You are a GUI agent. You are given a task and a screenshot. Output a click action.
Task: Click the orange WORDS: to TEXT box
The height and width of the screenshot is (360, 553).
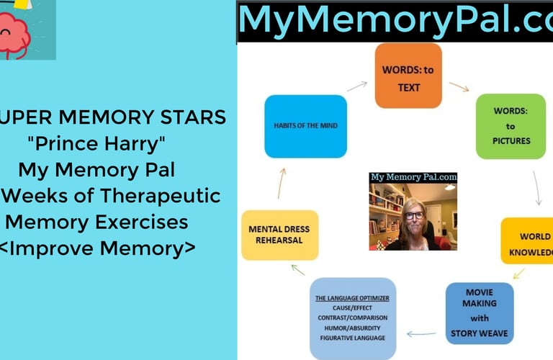pos(408,76)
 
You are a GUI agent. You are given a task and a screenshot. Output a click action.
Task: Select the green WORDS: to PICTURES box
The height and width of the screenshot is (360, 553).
pos(511,126)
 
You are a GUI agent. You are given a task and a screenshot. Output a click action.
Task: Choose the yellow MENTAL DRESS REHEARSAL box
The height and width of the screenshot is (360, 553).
pos(279,235)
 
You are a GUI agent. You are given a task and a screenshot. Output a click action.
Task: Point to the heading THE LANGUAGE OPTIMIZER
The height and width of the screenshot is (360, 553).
pos(353,298)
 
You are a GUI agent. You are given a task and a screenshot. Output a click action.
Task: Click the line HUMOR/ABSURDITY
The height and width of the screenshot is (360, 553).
pos(353,328)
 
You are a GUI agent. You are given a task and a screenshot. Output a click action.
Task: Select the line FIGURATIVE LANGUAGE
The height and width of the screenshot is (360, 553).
pos(353,338)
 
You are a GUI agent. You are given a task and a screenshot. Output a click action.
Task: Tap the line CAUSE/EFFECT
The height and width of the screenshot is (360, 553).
pos(353,307)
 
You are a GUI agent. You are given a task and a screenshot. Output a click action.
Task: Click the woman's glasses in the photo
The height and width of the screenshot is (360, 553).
pos(413,215)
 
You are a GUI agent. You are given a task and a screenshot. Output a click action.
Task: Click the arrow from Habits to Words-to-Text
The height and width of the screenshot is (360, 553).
pos(356,86)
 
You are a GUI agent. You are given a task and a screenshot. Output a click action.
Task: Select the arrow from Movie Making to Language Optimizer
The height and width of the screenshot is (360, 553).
pos(422,333)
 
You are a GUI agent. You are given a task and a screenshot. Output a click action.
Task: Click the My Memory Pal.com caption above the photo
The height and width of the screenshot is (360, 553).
pos(413,177)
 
